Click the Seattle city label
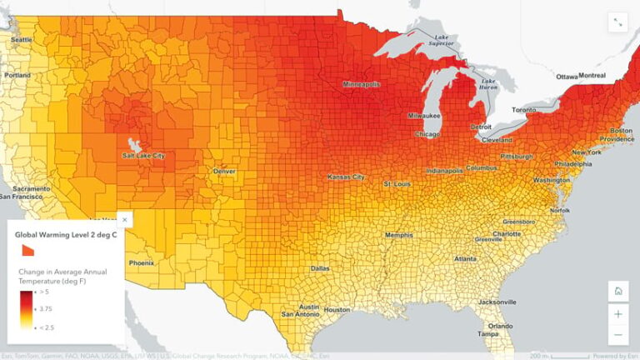click(x=21, y=40)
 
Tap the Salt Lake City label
click(x=144, y=156)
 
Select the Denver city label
click(x=224, y=171)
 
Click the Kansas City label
click(x=346, y=177)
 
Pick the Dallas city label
click(x=320, y=268)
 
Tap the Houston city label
click(x=337, y=310)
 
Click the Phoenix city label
click(x=142, y=263)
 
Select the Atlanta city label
click(x=466, y=259)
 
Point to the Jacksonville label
click(x=497, y=301)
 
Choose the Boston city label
click(x=622, y=131)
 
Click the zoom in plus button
click(x=617, y=314)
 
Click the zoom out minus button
click(x=617, y=335)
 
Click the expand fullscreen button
click(x=617, y=23)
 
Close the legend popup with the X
click(x=125, y=220)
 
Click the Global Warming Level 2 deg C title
click(x=66, y=236)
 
